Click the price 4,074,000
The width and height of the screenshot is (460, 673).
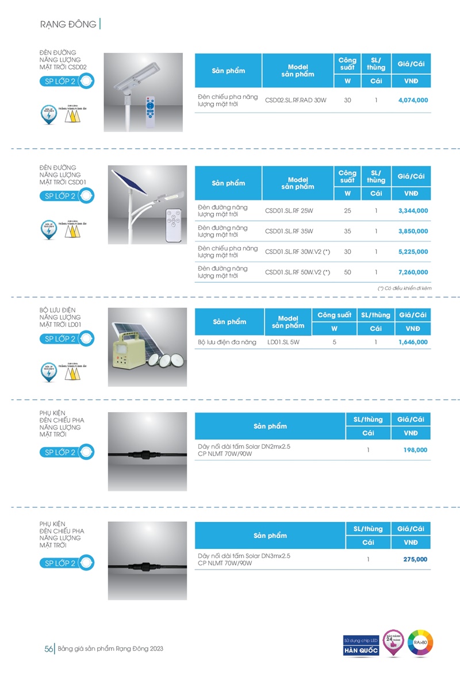[x=413, y=100]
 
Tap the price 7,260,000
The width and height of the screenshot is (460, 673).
[x=413, y=272]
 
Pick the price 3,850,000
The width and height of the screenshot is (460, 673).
[x=413, y=232]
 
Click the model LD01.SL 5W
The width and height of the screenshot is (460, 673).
[x=283, y=343]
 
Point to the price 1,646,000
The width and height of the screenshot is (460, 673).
[x=413, y=343]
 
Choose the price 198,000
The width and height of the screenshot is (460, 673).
[x=415, y=450]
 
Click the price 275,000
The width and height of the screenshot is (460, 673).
[x=415, y=559]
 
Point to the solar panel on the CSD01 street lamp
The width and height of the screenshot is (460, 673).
[x=129, y=182]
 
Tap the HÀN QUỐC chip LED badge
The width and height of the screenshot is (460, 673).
[x=361, y=645]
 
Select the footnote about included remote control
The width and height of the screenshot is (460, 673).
[x=404, y=288]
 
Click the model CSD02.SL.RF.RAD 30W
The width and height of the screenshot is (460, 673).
[x=296, y=100]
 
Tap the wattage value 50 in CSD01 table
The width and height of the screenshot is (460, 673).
[x=347, y=272]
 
